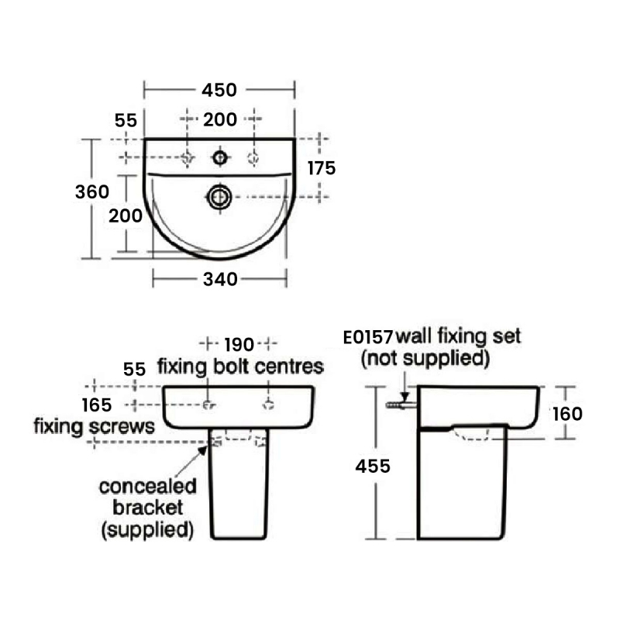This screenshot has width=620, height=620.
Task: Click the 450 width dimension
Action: (219, 90)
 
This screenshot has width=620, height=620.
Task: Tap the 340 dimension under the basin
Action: (220, 280)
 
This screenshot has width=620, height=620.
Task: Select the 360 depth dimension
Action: (92, 191)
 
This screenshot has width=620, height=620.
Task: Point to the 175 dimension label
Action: (322, 168)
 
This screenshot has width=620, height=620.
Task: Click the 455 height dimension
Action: (373, 467)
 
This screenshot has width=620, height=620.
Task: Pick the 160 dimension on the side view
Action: (567, 414)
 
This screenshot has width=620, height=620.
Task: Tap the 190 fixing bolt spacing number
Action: (239, 345)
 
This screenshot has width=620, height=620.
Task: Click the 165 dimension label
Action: (97, 405)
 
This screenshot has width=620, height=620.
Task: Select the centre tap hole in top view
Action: (220, 158)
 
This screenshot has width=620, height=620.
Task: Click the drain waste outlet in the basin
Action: (219, 197)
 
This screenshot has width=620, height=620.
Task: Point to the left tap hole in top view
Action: (187, 158)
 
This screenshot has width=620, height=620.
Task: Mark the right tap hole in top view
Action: (253, 158)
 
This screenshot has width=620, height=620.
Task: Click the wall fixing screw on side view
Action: (401, 405)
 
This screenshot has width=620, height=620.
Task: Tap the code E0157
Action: (367, 338)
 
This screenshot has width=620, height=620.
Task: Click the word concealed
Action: (148, 487)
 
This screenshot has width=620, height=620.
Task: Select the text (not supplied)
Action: (425, 358)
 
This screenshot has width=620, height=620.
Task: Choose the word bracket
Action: (148, 508)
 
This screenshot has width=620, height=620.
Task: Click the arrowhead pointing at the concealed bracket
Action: (203, 450)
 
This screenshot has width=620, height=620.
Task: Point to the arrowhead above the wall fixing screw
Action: (405, 396)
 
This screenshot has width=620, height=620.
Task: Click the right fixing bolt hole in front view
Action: (268, 405)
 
